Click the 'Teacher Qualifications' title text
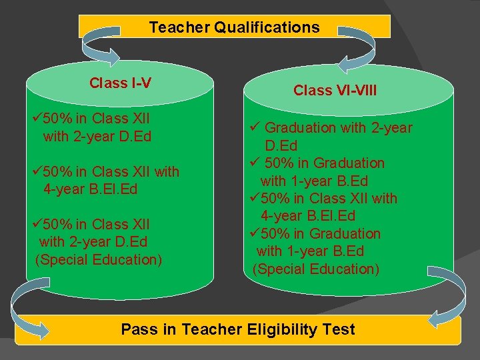tap(234, 27)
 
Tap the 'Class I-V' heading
tap(120, 83)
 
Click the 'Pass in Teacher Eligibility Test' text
tap(238, 329)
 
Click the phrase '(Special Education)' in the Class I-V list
tap(98, 259)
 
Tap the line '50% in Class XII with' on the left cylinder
tap(111, 171)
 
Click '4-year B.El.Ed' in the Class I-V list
tap(90, 189)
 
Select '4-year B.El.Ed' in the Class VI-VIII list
tap(308, 216)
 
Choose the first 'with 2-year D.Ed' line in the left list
tap(97, 136)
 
